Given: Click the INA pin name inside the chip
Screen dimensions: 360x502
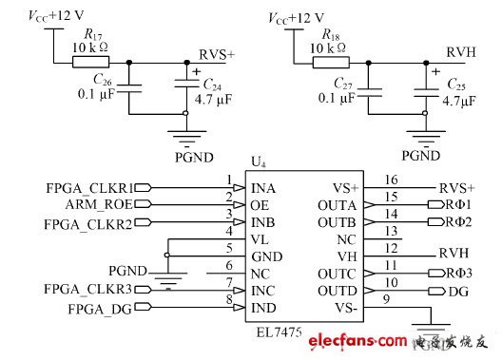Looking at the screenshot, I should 265,188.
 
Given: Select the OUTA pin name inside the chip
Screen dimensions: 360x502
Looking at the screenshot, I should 336,205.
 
